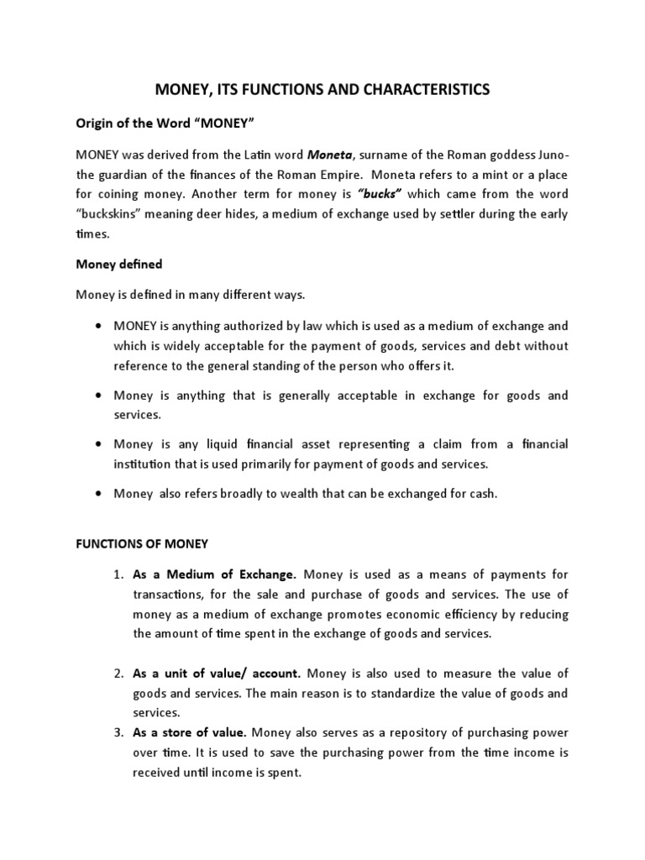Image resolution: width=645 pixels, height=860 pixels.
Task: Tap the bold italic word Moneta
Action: (328, 155)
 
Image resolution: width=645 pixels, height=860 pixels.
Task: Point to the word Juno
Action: (550, 155)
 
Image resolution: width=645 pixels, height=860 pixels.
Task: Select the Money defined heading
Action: (118, 264)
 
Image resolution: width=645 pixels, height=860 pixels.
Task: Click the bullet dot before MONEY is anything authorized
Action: (100, 325)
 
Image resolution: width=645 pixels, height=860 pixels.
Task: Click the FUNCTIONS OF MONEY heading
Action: (142, 543)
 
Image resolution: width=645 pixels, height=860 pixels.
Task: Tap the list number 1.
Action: (118, 574)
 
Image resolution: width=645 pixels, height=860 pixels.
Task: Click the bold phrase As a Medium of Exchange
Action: (215, 574)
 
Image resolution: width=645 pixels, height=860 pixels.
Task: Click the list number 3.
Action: (118, 732)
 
